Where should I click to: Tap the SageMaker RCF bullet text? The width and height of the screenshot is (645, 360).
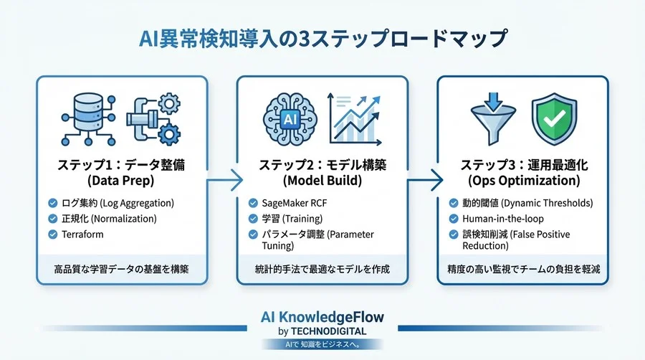coord(295,203)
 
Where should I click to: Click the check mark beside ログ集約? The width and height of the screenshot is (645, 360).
coord(52,203)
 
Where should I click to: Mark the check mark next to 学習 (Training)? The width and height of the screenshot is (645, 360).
coord(253,219)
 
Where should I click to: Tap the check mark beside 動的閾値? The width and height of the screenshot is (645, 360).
coord(454,203)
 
